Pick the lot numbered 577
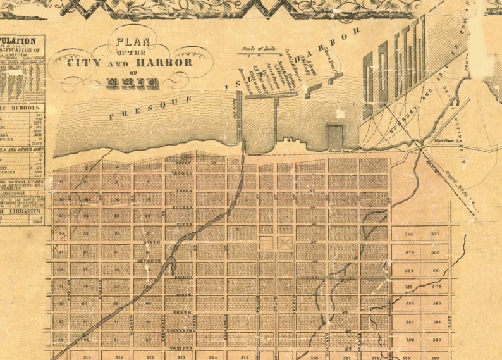pyautogui.click(x=436, y=233)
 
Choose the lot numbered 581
pyautogui.click(x=436, y=270)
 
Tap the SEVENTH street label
pyautogui.click(x=150, y=260)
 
